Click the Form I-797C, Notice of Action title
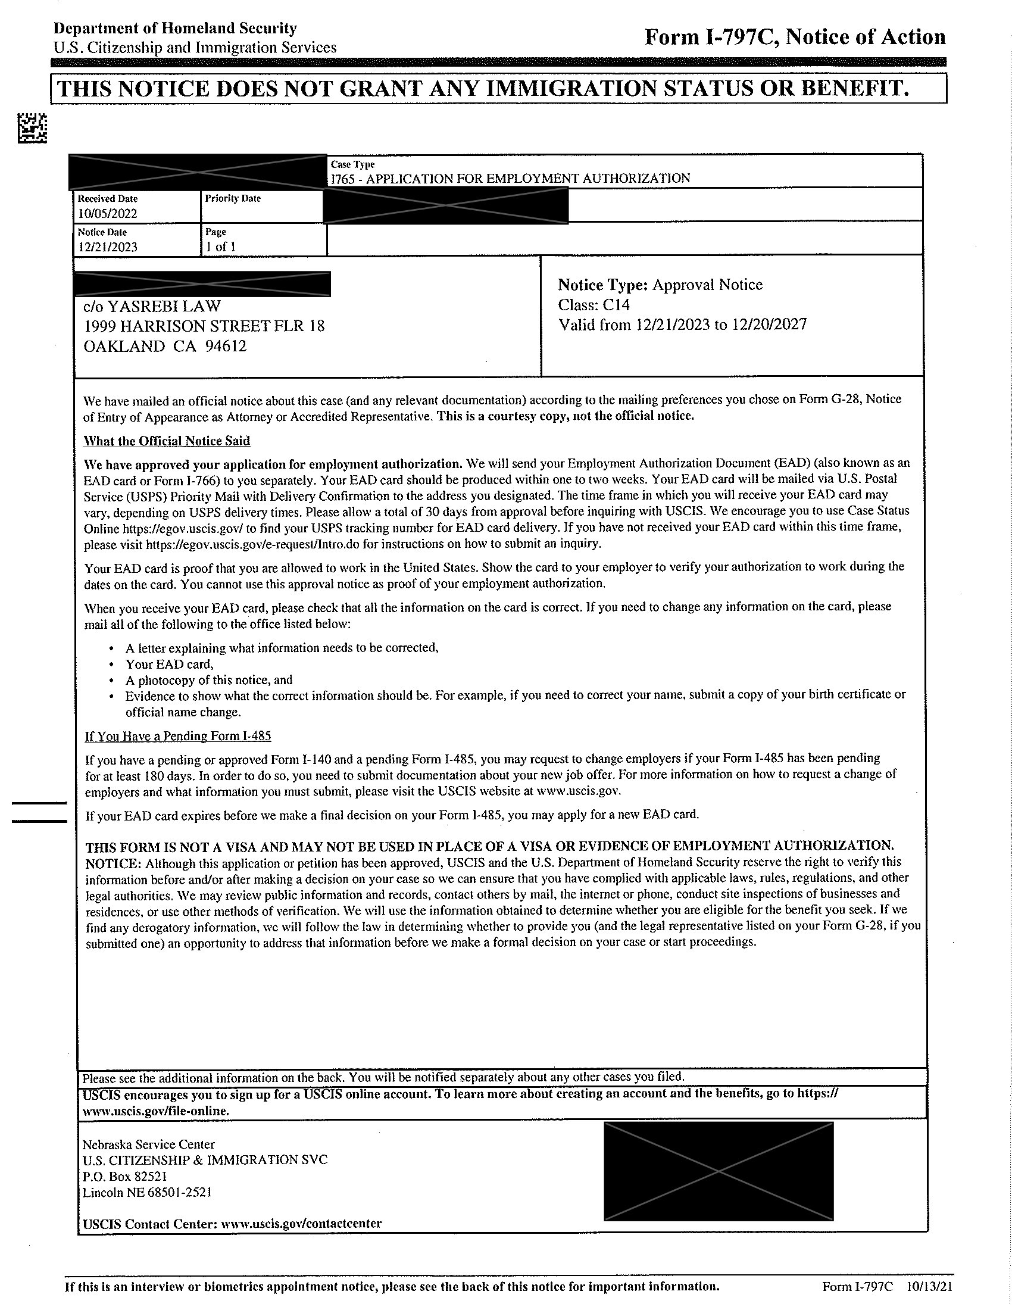794,37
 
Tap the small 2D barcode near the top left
32,128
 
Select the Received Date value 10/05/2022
107,214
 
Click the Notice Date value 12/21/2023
107,247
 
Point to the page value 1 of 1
220,247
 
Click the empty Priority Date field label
233,198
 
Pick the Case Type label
352,164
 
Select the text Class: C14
594,305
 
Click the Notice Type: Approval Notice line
660,284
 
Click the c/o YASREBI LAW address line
152,307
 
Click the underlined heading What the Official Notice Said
167,441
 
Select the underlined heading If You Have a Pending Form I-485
178,736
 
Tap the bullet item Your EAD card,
169,664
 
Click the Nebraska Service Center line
149,1144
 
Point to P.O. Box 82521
124,1176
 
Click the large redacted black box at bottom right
719,1171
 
